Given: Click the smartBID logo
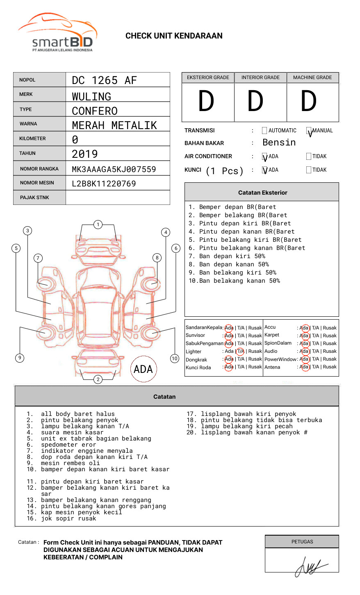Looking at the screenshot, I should point(57,33).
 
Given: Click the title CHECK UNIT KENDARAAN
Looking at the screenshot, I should point(174,36).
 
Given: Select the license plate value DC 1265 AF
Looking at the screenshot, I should point(104,80).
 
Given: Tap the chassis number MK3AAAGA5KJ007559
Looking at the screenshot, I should point(114,169).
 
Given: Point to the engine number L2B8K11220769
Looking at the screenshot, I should point(104,184).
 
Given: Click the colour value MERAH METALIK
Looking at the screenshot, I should point(114,125).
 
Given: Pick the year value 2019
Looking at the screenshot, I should point(85,154).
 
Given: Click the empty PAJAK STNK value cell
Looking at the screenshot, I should point(118,198).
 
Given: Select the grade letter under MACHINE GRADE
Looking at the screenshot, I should point(309,102).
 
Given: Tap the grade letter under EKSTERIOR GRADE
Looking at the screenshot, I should point(206,102).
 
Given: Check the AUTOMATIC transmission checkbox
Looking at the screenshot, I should point(264,131).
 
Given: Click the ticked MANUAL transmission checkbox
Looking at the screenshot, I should point(309,131).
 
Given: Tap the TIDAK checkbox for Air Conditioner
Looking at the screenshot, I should point(309,157).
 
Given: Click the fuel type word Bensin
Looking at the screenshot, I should point(279,143).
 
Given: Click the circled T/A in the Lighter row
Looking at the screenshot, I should point(240,351).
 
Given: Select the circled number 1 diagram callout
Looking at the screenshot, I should point(98,224).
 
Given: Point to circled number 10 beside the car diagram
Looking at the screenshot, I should point(175,359).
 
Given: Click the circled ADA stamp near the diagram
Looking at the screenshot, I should point(143,369).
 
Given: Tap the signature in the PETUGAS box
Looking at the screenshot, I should point(310,566).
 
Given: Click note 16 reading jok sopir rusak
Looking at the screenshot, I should point(68,518).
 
